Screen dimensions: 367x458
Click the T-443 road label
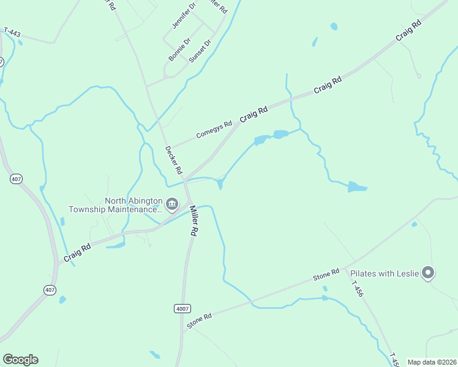tap(13, 31)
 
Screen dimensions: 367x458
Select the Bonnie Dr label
tap(180, 50)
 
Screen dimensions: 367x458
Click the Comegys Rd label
tap(214, 129)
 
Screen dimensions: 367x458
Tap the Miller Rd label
tap(193, 221)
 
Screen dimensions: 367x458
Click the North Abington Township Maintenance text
tap(133, 205)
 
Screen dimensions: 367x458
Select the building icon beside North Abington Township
tap(172, 204)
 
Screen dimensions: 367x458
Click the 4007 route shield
tap(182, 308)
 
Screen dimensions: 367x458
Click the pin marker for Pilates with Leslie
tap(429, 273)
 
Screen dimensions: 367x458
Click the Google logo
tap(20, 360)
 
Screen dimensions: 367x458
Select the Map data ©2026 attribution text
tap(431, 362)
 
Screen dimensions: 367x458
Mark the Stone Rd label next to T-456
tap(326, 275)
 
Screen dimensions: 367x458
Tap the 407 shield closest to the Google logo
tap(50, 289)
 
